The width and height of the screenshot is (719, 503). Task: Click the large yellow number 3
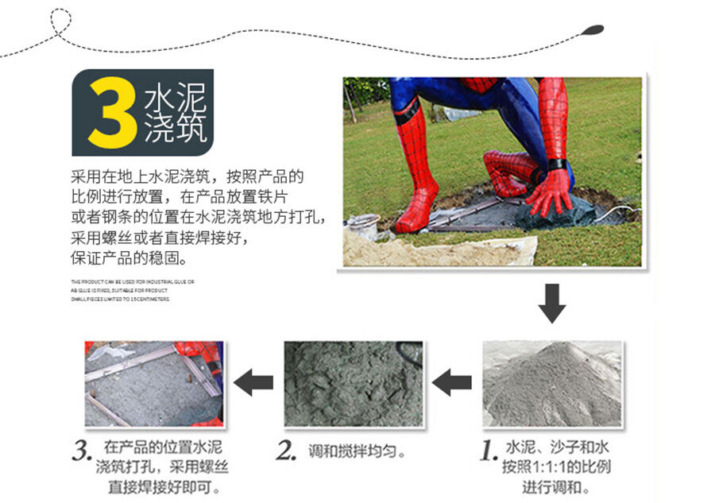(111, 114)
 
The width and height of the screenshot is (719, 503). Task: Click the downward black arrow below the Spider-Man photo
(551, 303)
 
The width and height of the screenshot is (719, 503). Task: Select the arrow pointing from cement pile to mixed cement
(451, 383)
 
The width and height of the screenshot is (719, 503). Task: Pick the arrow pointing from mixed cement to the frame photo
(255, 382)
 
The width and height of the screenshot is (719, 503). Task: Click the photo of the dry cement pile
(552, 383)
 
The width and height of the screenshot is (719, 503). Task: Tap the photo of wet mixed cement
(354, 383)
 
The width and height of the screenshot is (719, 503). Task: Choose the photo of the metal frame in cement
(154, 383)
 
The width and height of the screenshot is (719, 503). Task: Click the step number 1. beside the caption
(489, 450)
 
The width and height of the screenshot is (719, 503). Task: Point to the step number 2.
(286, 451)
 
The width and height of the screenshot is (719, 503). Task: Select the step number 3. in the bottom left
(83, 451)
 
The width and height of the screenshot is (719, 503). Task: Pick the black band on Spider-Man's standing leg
(408, 111)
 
